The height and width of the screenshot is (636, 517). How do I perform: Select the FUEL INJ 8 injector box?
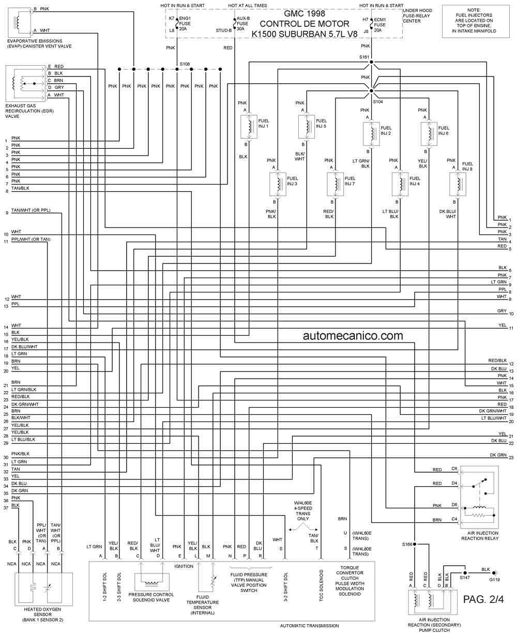457,184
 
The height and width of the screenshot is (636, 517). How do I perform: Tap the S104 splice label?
378,102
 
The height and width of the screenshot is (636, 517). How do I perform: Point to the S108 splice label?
185,64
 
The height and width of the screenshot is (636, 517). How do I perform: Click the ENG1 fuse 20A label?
185,24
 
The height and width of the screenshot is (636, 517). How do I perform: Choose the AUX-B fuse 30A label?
242,24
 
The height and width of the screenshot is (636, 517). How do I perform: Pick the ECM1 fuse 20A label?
379,25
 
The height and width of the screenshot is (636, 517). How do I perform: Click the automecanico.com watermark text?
353,336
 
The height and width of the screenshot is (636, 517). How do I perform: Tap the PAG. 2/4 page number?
483,599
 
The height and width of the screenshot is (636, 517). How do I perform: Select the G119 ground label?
495,579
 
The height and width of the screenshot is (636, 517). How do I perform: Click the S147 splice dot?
465,572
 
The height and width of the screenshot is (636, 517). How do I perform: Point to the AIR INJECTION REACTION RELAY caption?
480,536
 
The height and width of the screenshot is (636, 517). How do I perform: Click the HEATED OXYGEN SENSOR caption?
42,614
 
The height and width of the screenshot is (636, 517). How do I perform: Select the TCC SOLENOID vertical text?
321,585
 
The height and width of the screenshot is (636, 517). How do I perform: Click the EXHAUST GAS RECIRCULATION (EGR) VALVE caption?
29,111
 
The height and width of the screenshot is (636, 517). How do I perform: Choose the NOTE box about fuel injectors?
476,21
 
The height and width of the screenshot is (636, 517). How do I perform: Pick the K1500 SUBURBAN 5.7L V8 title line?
304,34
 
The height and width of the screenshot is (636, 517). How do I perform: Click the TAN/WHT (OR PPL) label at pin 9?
31,210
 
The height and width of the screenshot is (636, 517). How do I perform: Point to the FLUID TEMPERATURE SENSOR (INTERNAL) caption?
202,608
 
